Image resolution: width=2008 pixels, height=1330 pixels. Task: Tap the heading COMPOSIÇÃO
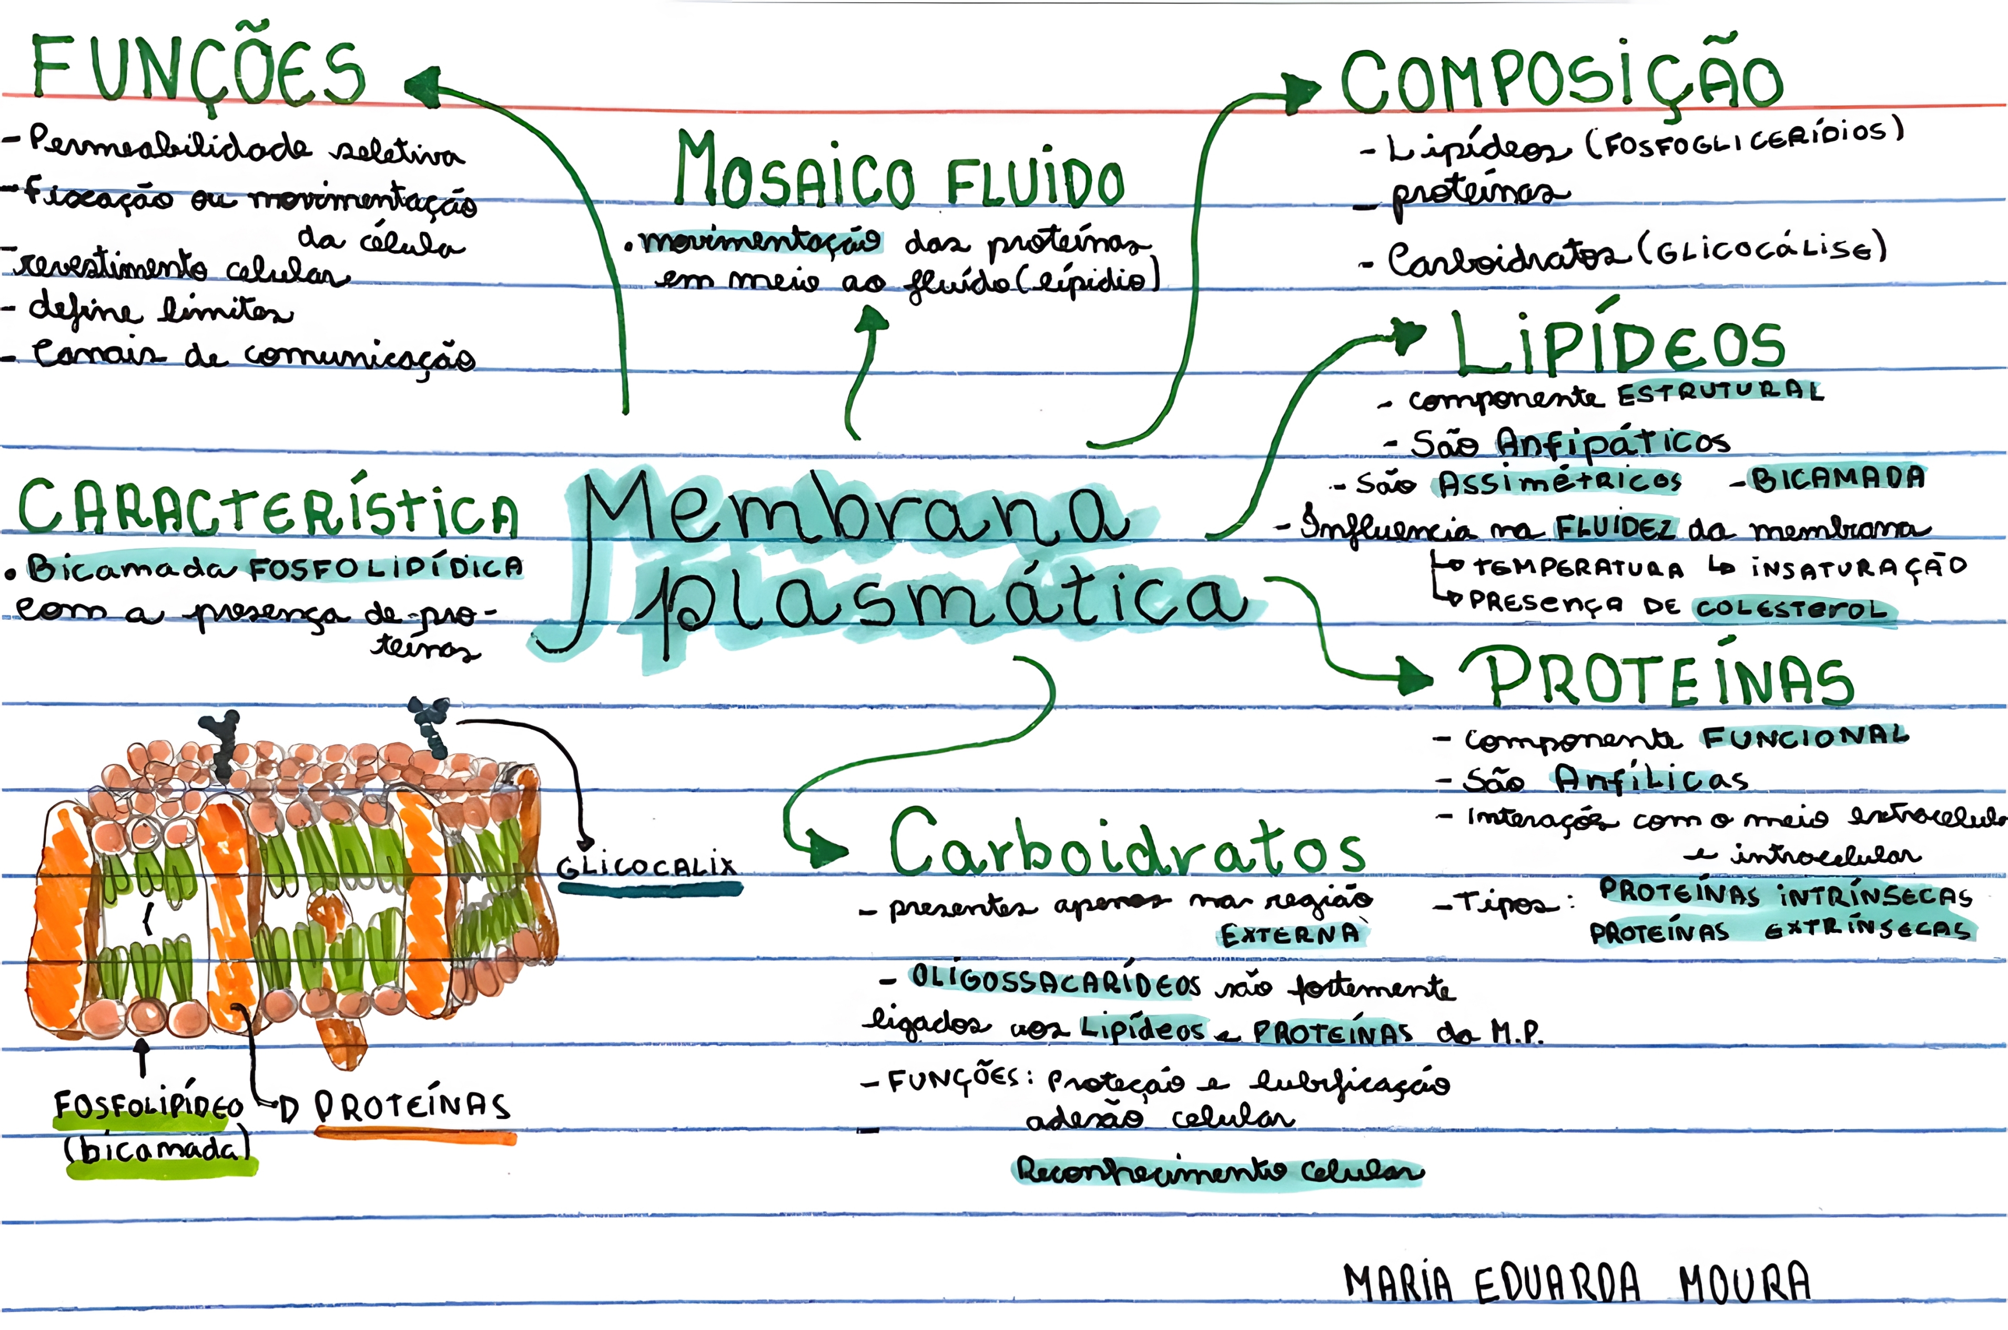click(x=1561, y=80)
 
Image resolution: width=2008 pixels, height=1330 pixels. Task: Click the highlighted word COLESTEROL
click(x=1790, y=609)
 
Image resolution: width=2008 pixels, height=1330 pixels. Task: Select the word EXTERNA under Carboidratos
click(x=1290, y=935)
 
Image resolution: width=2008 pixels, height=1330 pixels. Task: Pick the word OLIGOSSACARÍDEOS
click(x=1056, y=981)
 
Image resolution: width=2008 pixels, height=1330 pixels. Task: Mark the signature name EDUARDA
click(x=1557, y=1283)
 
